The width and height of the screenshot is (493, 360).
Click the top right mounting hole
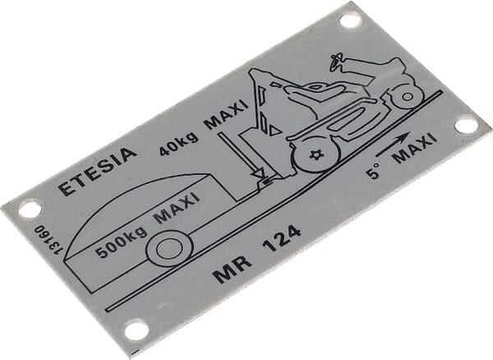click(x=350, y=20)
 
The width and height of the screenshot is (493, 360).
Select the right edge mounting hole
click(x=466, y=125)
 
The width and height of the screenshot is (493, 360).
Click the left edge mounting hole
click(x=30, y=209)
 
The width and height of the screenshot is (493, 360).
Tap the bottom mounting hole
click(x=136, y=330)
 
